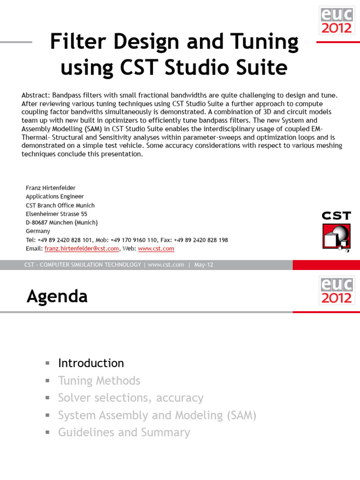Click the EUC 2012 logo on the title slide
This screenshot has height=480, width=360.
(336, 20)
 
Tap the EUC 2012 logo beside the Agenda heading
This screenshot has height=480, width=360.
(336, 290)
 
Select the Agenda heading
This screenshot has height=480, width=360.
(57, 296)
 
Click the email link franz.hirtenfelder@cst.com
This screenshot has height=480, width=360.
(82, 248)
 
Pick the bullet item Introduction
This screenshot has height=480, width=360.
(91, 363)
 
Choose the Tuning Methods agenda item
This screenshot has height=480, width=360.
(99, 381)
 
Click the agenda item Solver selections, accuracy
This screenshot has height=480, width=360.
(130, 398)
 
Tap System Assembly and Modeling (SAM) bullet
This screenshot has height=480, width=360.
(157, 415)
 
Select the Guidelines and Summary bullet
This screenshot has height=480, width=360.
(124, 432)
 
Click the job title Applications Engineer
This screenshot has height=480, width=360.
(55, 196)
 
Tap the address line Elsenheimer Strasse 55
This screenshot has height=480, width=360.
(56, 214)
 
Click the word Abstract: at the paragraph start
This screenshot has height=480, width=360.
(36, 95)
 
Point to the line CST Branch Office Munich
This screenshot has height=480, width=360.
(60, 205)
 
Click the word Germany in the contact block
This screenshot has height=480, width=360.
(37, 231)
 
